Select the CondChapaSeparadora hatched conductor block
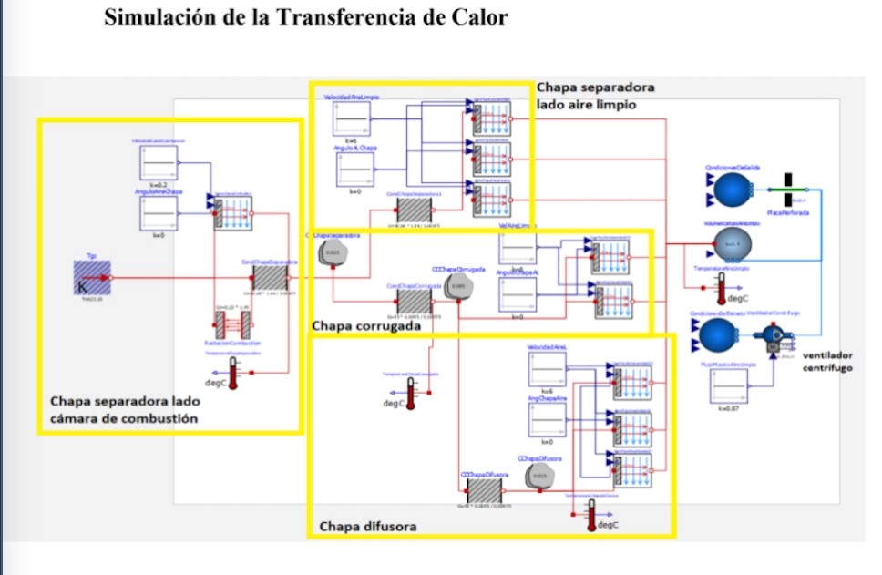(x=270, y=278)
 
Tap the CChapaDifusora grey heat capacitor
(x=539, y=474)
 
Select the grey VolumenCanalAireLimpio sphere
(x=732, y=244)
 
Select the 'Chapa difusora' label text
(x=368, y=527)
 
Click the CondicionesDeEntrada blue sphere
(x=719, y=335)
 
